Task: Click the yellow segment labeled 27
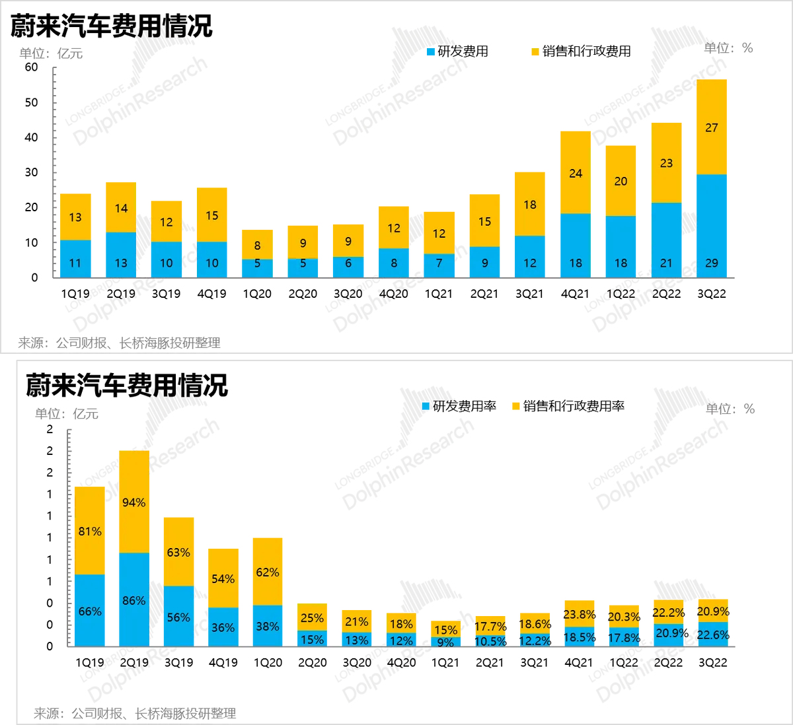click(x=711, y=127)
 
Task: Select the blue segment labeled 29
click(x=711, y=226)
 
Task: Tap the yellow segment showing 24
click(x=576, y=172)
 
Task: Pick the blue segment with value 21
click(x=666, y=240)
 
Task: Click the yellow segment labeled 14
click(x=120, y=207)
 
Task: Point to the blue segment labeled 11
click(x=75, y=259)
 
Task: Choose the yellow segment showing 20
click(x=621, y=181)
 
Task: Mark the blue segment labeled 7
click(x=439, y=265)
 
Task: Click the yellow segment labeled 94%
click(x=134, y=502)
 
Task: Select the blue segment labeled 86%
click(x=134, y=600)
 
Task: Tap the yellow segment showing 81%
click(x=90, y=530)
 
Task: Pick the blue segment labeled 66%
click(x=90, y=611)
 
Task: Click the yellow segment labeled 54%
click(x=223, y=578)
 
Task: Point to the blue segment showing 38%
click(x=267, y=626)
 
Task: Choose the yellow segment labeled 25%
click(x=312, y=618)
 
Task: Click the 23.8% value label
click(x=580, y=613)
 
